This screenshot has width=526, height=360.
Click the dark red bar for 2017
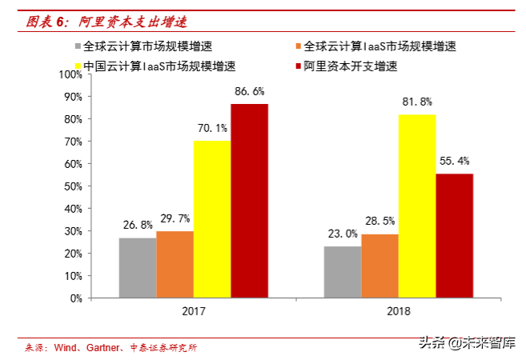249,200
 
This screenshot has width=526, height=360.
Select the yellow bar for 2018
417,206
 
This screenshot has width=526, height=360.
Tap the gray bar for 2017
138,267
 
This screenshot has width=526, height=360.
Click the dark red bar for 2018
454,235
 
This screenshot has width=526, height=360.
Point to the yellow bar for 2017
211,218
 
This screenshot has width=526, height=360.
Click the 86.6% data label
249,91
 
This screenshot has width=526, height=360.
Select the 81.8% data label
417,102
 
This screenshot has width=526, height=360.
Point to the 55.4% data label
454,161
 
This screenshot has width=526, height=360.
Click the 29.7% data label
175,218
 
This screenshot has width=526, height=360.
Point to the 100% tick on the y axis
70,74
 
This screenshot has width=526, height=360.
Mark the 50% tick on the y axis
73,186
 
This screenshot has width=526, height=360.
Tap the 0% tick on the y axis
75,298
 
